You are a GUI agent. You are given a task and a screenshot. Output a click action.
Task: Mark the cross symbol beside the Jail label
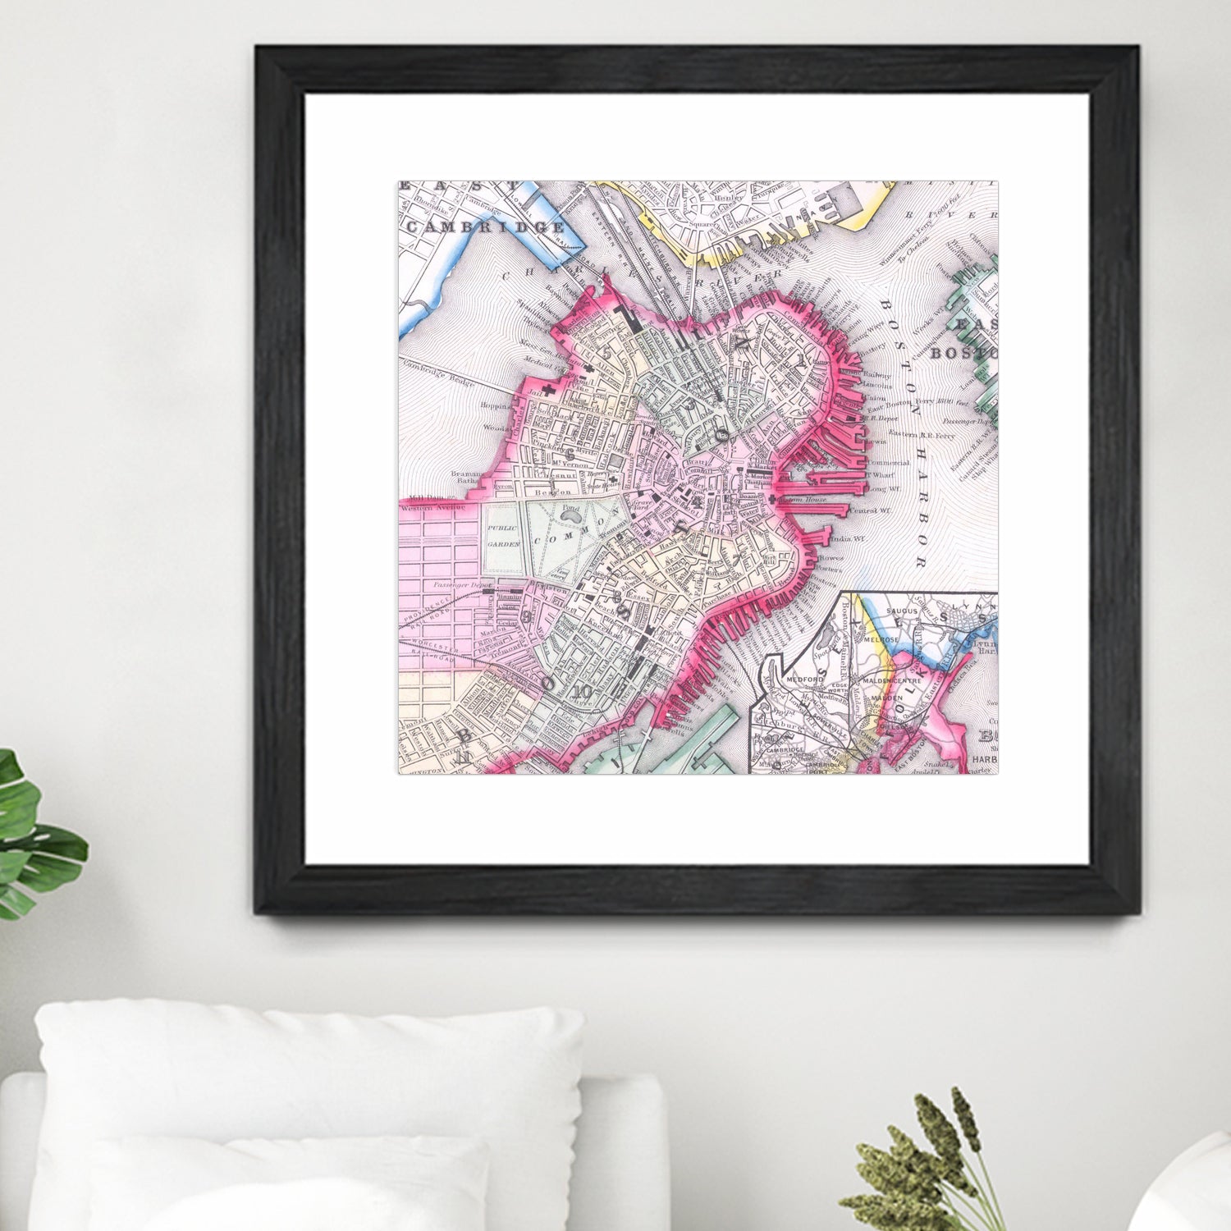point(547,393)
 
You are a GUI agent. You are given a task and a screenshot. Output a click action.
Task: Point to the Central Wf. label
point(863,510)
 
